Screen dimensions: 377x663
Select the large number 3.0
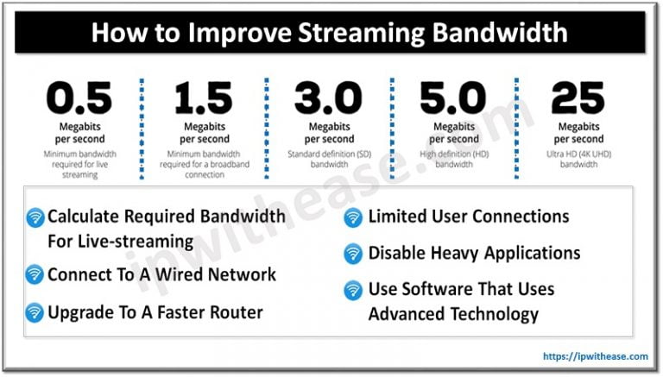tap(329, 98)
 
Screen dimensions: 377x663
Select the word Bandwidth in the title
tap(500, 34)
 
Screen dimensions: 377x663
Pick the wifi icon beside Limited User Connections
tap(353, 217)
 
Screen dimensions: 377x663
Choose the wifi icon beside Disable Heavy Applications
tap(353, 254)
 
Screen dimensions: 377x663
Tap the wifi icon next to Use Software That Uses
tap(353, 290)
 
